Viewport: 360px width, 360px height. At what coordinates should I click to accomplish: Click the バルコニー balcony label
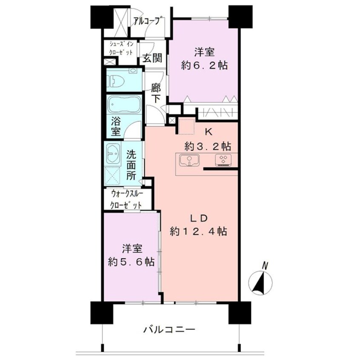point(169,329)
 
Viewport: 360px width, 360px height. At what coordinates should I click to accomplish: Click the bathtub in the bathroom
point(123,104)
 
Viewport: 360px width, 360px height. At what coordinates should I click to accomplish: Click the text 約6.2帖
point(205,66)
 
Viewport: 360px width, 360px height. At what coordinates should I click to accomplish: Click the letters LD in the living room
point(198,218)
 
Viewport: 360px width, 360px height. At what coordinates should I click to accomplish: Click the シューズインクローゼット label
point(121,48)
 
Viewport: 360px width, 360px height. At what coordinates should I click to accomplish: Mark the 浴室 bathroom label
point(116,127)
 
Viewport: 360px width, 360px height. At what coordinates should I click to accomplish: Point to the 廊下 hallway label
point(156,92)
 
